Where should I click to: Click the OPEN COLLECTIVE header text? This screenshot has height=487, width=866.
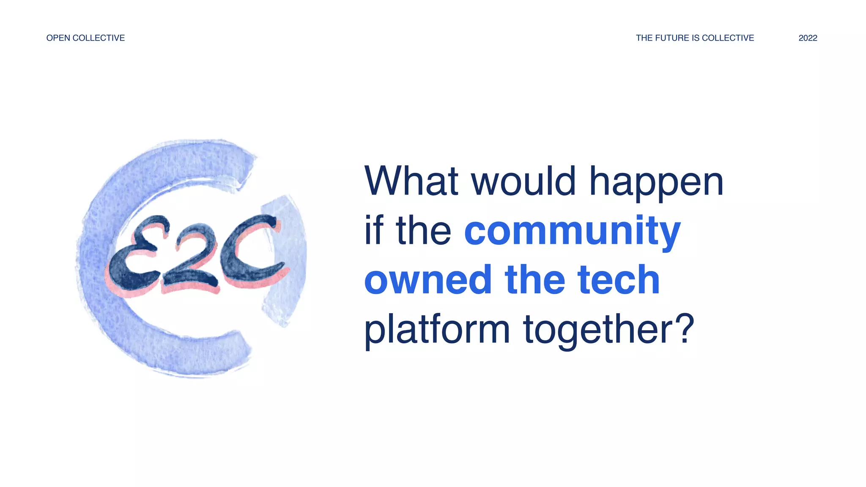(x=85, y=38)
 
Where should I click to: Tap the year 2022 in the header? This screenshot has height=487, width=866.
(x=808, y=38)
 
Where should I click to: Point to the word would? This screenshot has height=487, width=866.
(x=523, y=181)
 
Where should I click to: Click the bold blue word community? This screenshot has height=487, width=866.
(x=573, y=232)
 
